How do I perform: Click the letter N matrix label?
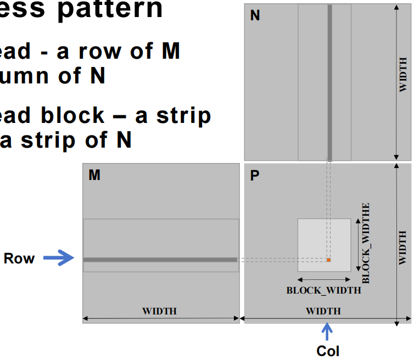tap(255, 15)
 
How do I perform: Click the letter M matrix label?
tap(94, 175)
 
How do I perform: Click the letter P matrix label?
tap(255, 177)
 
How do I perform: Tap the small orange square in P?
tap(328, 259)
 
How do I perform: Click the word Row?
tap(19, 258)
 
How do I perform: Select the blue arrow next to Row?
tap(58, 258)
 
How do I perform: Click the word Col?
tap(328, 351)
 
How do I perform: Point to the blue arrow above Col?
tap(327, 332)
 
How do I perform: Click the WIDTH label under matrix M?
tap(160, 311)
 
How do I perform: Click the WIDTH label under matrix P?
tap(323, 311)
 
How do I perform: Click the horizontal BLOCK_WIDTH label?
tap(324, 290)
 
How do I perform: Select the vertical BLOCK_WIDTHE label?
tap(366, 243)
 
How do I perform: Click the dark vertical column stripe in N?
tap(329, 82)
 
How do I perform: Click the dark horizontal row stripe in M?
tap(160, 259)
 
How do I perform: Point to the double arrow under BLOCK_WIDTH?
tap(324, 280)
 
